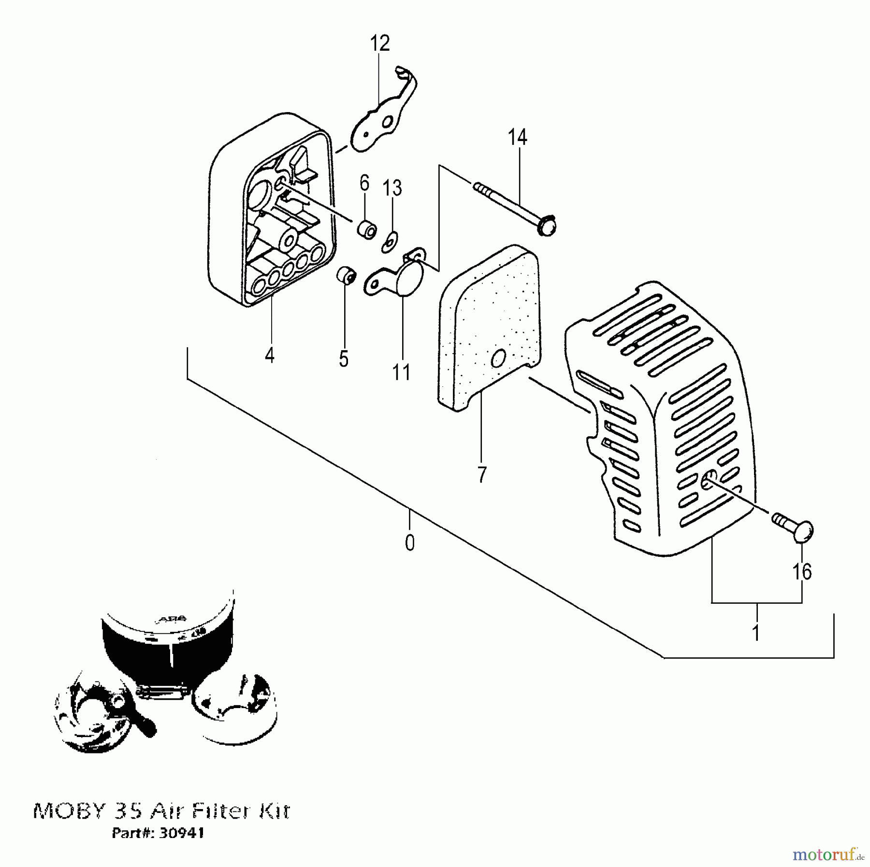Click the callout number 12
click(x=379, y=43)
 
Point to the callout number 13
click(x=392, y=188)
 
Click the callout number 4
click(x=270, y=355)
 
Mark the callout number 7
click(x=481, y=474)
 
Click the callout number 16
click(x=802, y=571)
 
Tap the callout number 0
click(x=409, y=543)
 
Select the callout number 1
click(x=756, y=632)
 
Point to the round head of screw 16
click(x=803, y=531)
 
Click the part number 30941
click(x=180, y=833)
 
